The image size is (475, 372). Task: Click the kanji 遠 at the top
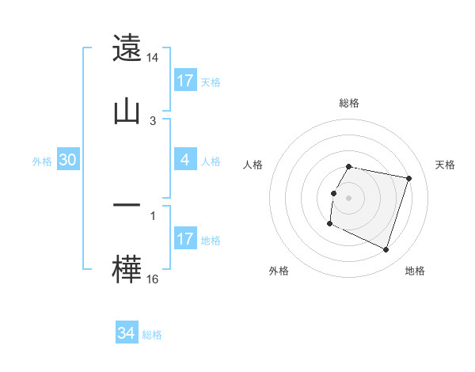click(x=127, y=48)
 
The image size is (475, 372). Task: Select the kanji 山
click(x=127, y=110)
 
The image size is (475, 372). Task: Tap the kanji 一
click(x=127, y=205)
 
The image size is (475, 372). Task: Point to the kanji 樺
click(x=127, y=268)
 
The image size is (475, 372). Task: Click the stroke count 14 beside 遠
click(x=153, y=58)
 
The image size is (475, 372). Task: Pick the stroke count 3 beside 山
click(x=153, y=120)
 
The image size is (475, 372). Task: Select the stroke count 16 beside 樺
click(x=153, y=279)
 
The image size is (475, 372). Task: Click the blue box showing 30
click(x=68, y=160)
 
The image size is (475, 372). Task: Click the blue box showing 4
click(x=185, y=160)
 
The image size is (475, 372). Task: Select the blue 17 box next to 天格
click(x=185, y=81)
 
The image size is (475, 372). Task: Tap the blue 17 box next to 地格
click(x=185, y=239)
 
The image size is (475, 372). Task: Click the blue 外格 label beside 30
click(x=42, y=161)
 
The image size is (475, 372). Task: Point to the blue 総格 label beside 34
click(x=152, y=335)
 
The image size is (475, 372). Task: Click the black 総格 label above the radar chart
click(x=349, y=103)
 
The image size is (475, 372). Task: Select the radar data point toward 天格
click(x=409, y=178)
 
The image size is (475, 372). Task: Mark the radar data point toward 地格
click(x=386, y=250)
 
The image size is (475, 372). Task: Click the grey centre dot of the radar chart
click(x=349, y=197)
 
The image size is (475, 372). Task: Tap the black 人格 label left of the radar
click(x=253, y=165)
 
